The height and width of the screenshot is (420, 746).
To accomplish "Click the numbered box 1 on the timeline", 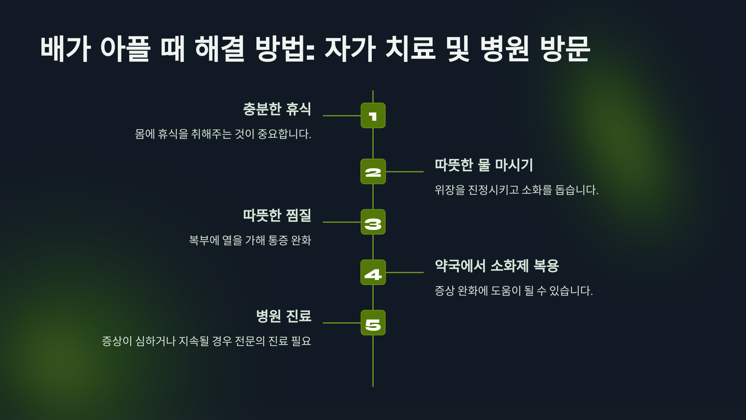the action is pyautogui.click(x=373, y=115).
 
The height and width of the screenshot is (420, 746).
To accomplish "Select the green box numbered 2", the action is pyautogui.click(x=373, y=171).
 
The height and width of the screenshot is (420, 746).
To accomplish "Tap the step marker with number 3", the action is pyautogui.click(x=373, y=222).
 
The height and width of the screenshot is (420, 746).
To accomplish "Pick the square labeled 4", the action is pyautogui.click(x=373, y=272).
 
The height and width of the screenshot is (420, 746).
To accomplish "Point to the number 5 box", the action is pyautogui.click(x=373, y=323).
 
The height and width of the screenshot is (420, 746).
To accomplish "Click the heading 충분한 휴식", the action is pyautogui.click(x=277, y=109).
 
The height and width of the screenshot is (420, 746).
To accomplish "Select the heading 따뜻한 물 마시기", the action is pyautogui.click(x=484, y=165).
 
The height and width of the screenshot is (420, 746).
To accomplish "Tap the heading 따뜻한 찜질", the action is pyautogui.click(x=277, y=216).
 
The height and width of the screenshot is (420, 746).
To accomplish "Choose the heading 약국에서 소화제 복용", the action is pyautogui.click(x=497, y=266).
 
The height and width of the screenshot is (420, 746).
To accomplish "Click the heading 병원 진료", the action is pyautogui.click(x=283, y=316).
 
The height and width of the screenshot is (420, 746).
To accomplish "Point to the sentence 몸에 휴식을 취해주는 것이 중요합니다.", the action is pyautogui.click(x=223, y=134).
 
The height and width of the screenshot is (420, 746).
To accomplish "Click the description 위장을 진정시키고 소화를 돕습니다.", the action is pyautogui.click(x=516, y=190).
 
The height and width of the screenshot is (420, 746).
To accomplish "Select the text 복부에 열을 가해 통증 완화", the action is pyautogui.click(x=250, y=240).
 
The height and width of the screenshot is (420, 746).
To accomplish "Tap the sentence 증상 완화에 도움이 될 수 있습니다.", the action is pyautogui.click(x=513, y=291).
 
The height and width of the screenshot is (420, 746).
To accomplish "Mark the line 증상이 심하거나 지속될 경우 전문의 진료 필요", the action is pyautogui.click(x=206, y=341).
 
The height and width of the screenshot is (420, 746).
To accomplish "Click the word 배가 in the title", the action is pyautogui.click(x=65, y=49).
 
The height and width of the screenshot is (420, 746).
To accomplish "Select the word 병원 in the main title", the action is pyautogui.click(x=504, y=49).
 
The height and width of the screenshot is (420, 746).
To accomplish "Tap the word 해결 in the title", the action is pyautogui.click(x=220, y=49).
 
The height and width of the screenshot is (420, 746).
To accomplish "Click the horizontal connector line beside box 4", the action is pyautogui.click(x=404, y=273).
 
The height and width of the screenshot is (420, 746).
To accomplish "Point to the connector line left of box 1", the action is pyautogui.click(x=342, y=116).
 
